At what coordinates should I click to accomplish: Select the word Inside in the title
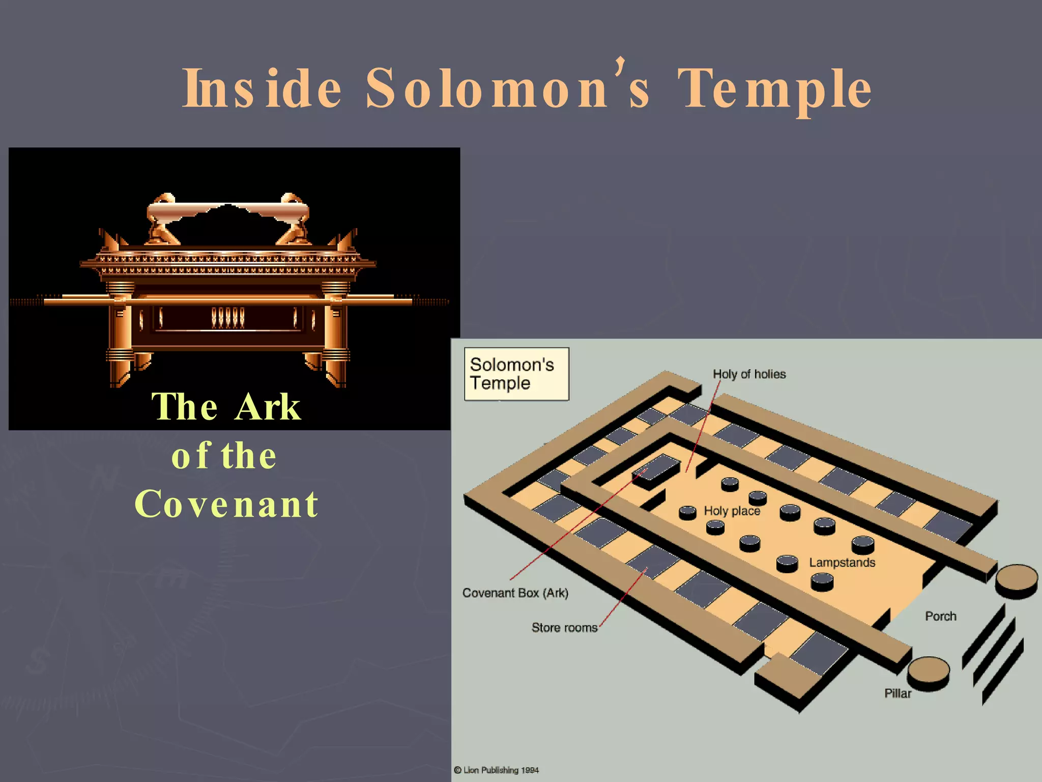(263, 90)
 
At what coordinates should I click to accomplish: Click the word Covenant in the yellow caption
(227, 504)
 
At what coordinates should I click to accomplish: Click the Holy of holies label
(749, 374)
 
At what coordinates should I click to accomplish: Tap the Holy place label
(732, 511)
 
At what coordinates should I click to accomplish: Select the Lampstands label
(842, 563)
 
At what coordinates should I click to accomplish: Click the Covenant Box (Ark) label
(515, 593)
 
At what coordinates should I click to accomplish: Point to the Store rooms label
(564, 628)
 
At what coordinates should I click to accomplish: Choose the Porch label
(940, 617)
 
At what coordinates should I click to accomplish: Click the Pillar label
(898, 693)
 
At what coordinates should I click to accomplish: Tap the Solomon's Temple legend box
(516, 374)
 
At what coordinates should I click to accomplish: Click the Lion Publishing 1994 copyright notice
(496, 770)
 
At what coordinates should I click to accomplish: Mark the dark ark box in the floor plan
(656, 471)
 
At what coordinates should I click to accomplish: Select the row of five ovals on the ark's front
(227, 318)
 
